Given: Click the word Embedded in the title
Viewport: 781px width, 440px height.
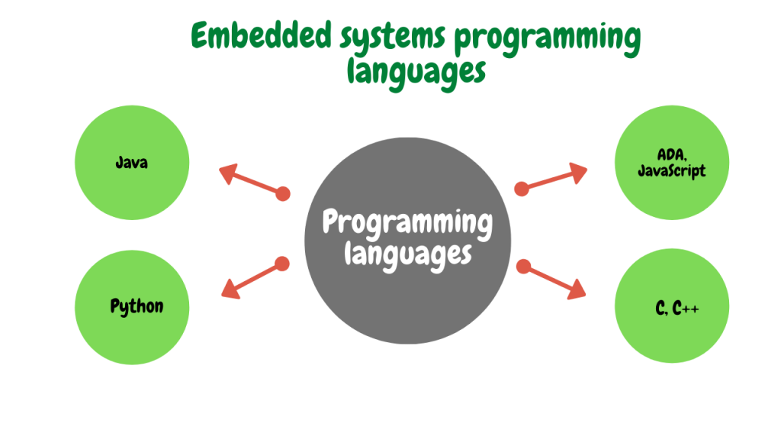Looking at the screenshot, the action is (261, 35).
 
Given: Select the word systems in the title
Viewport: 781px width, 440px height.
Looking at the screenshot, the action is (393, 38).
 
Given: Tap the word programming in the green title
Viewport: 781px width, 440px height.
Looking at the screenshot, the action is (548, 40).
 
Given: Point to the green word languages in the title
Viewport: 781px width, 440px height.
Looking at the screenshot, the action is (416, 73).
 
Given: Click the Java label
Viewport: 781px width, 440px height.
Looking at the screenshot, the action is (131, 163).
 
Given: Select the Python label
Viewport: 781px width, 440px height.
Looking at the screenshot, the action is (137, 306).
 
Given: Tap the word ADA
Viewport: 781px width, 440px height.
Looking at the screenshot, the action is (671, 154).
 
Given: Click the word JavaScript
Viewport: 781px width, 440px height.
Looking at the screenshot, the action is (671, 170).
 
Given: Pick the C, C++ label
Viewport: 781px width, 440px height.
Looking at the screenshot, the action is (677, 309).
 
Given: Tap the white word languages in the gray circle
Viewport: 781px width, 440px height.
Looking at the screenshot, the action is (407, 254).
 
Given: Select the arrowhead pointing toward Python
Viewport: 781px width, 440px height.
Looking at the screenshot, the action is (231, 289).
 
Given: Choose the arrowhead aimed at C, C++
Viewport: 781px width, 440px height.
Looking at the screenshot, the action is (577, 290).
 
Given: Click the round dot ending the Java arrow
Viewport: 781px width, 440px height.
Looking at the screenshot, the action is (283, 193).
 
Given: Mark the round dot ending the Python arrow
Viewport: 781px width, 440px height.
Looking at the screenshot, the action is (282, 264).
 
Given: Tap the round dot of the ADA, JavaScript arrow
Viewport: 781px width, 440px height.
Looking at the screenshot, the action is (522, 189).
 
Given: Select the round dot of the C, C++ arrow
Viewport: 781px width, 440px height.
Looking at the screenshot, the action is (523, 267).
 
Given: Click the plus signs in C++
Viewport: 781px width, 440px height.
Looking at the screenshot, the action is (691, 310).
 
